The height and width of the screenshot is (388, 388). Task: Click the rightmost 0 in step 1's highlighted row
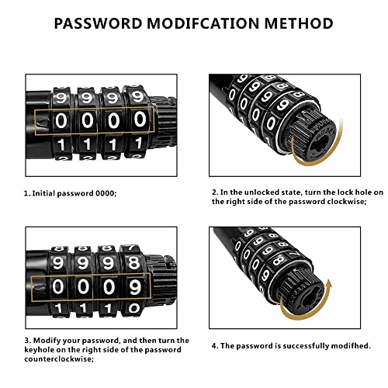coord(140,120)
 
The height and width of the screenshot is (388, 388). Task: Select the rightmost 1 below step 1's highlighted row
coord(138,145)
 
